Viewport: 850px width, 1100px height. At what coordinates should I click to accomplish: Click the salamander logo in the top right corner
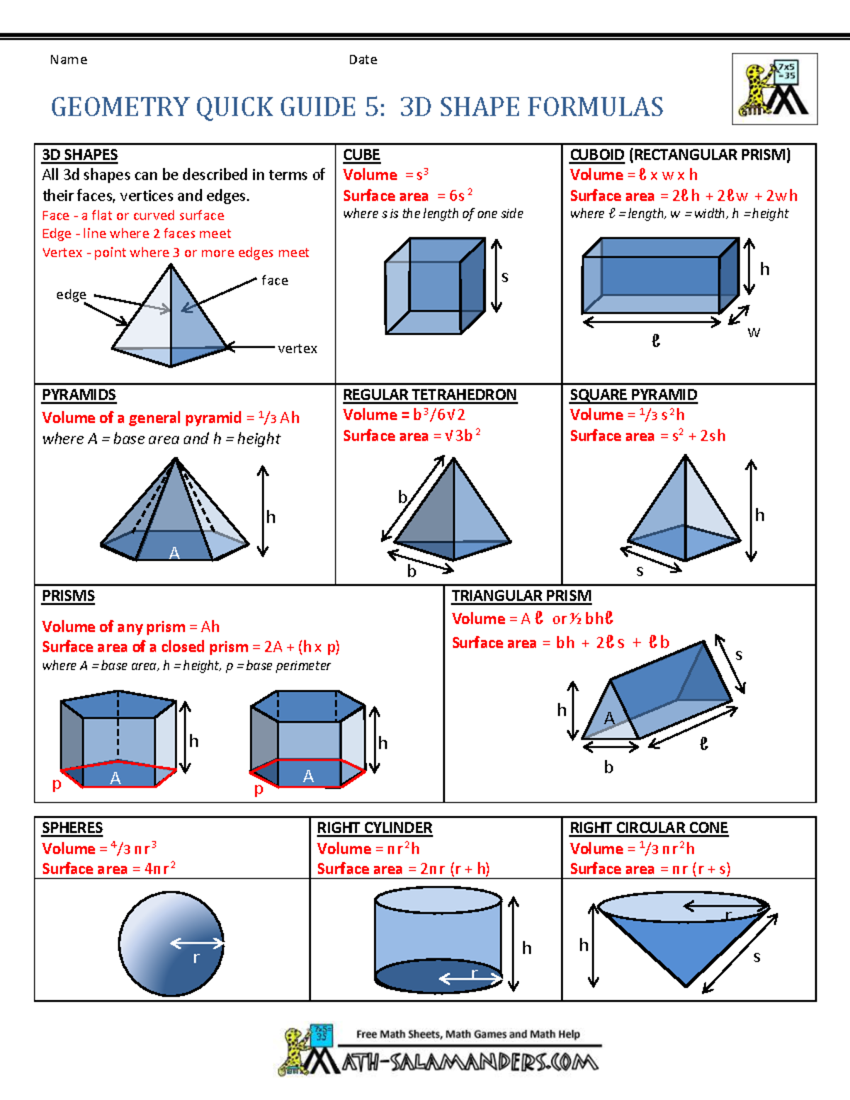click(x=774, y=89)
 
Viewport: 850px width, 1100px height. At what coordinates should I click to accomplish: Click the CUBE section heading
click(x=361, y=154)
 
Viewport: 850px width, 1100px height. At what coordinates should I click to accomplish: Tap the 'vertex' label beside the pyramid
click(x=297, y=348)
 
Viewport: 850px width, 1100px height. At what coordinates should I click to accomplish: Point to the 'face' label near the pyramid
click(x=275, y=280)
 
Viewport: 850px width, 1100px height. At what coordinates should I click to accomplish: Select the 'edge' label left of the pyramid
click(x=71, y=295)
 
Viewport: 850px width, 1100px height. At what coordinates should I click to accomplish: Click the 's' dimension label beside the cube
click(x=504, y=277)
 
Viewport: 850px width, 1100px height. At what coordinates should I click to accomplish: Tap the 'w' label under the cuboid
click(x=754, y=332)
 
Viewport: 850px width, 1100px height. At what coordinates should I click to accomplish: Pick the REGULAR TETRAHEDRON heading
click(x=429, y=395)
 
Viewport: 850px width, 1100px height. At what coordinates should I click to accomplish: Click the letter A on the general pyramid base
click(x=174, y=553)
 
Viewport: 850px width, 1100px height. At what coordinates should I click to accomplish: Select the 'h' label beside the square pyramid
click(x=759, y=515)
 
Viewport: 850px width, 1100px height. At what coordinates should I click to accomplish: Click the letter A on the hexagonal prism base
click(x=308, y=776)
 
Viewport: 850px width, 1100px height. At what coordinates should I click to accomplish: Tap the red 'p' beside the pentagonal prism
click(x=57, y=783)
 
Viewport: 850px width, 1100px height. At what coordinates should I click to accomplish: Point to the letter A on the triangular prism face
click(x=608, y=718)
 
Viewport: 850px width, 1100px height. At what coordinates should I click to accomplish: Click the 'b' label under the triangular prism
click(x=608, y=767)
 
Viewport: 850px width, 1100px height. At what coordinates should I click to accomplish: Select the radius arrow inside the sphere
click(x=197, y=943)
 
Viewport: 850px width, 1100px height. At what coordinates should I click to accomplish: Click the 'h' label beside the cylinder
click(x=526, y=948)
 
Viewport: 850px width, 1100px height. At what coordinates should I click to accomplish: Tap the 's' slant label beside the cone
click(x=756, y=958)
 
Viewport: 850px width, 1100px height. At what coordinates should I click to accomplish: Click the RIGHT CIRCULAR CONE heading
click(x=648, y=827)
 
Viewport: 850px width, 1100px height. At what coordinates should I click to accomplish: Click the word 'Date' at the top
click(x=363, y=59)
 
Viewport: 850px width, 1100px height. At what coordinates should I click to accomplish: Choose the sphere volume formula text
click(x=99, y=848)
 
